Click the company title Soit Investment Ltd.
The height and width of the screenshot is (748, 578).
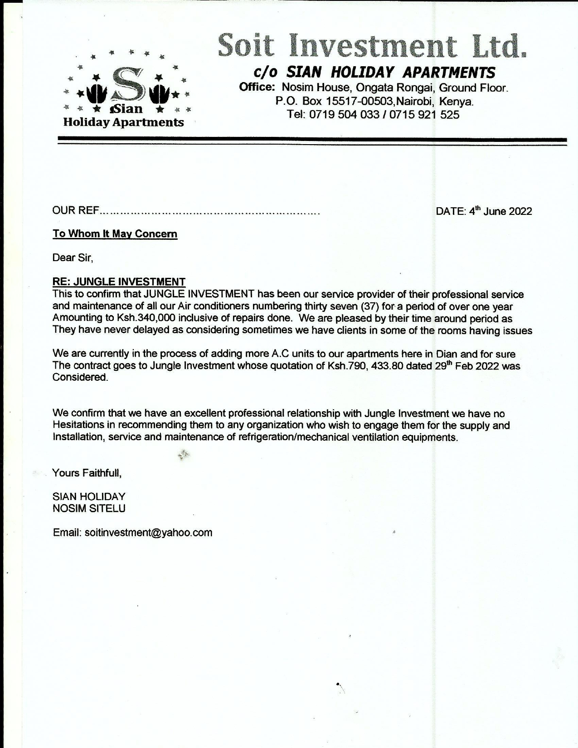coord(372,46)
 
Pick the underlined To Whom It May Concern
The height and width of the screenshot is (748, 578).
coord(115,234)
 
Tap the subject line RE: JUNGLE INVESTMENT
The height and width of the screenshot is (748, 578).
coord(119,282)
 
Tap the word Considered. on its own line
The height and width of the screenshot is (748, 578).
coord(80,378)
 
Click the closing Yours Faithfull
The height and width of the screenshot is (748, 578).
coord(87,473)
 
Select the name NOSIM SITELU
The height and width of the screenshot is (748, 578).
coord(89,509)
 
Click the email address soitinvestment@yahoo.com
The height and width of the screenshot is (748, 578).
coord(148,533)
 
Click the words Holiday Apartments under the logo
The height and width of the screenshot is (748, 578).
coord(123,122)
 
